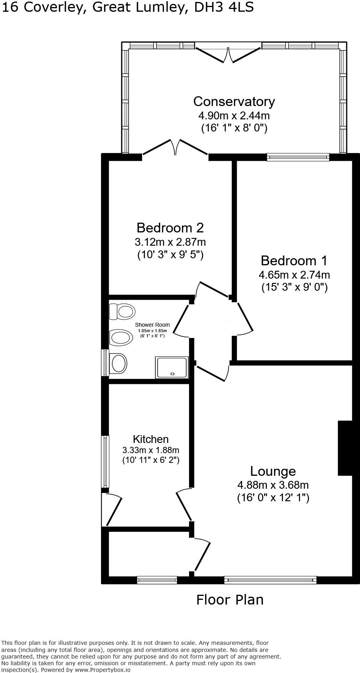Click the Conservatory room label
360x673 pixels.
click(234, 101)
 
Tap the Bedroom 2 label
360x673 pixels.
click(170, 227)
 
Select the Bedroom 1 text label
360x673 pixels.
click(294, 261)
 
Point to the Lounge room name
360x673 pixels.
click(273, 471)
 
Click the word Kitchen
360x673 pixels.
click(151, 439)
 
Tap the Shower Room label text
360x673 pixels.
click(152, 325)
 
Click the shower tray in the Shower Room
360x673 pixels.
click(172, 367)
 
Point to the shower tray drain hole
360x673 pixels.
click(172, 374)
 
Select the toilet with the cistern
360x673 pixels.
click(122, 312)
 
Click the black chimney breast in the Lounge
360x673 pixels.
click(345, 448)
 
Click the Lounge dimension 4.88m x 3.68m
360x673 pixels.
click(273, 485)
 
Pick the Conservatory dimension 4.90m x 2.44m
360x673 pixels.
click(234, 116)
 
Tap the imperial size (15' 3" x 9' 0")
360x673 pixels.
click(294, 288)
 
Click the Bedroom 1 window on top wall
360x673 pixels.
click(298, 157)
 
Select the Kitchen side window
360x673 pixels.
click(105, 462)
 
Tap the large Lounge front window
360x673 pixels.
click(270, 580)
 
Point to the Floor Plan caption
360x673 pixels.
click(230, 599)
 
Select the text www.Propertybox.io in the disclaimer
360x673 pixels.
click(103, 669)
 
